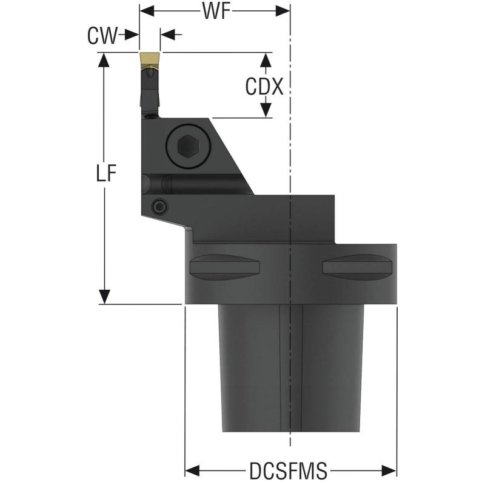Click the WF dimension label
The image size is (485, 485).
[x=215, y=12]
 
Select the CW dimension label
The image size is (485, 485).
[x=102, y=36]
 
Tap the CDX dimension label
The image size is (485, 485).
[x=264, y=87]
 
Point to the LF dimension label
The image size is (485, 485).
[x=105, y=174]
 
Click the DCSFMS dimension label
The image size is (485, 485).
[x=288, y=470]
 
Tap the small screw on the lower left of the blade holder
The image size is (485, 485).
[x=159, y=208]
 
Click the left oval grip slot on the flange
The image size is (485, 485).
[x=225, y=266]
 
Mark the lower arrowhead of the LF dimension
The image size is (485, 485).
[x=105, y=296]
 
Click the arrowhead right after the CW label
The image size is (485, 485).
[x=133, y=35]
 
